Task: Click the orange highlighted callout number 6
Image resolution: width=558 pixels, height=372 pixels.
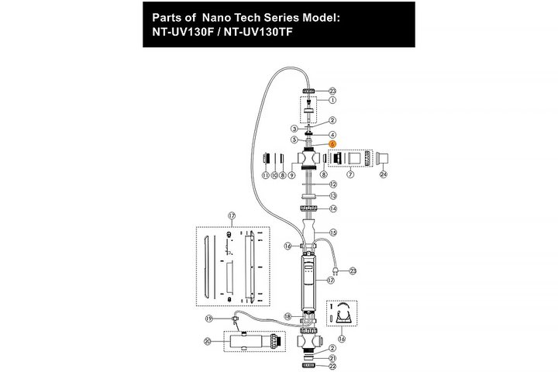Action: (x=332, y=144)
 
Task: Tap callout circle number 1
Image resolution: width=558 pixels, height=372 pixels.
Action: (x=332, y=100)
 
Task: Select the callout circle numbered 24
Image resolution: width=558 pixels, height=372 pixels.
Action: (x=384, y=174)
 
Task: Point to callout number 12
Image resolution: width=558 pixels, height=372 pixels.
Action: (x=333, y=184)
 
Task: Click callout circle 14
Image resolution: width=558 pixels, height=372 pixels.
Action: (x=333, y=208)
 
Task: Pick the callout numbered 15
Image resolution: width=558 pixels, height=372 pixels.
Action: (x=333, y=232)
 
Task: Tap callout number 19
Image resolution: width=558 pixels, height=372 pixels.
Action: (x=209, y=319)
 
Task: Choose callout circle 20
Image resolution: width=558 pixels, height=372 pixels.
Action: (x=208, y=341)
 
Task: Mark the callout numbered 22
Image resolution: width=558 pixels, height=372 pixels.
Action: (x=332, y=366)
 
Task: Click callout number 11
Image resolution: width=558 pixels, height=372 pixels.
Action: (x=266, y=175)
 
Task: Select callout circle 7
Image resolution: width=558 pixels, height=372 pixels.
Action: (x=350, y=174)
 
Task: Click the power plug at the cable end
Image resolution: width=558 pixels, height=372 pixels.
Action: (x=336, y=270)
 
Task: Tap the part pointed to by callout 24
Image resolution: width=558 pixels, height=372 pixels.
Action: (x=382, y=159)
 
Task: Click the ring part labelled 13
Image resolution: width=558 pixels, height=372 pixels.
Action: (x=308, y=196)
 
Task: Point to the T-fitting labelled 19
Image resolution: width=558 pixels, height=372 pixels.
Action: (x=235, y=318)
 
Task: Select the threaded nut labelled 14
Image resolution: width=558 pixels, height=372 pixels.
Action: (x=308, y=208)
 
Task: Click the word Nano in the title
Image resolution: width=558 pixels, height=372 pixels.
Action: (x=217, y=18)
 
